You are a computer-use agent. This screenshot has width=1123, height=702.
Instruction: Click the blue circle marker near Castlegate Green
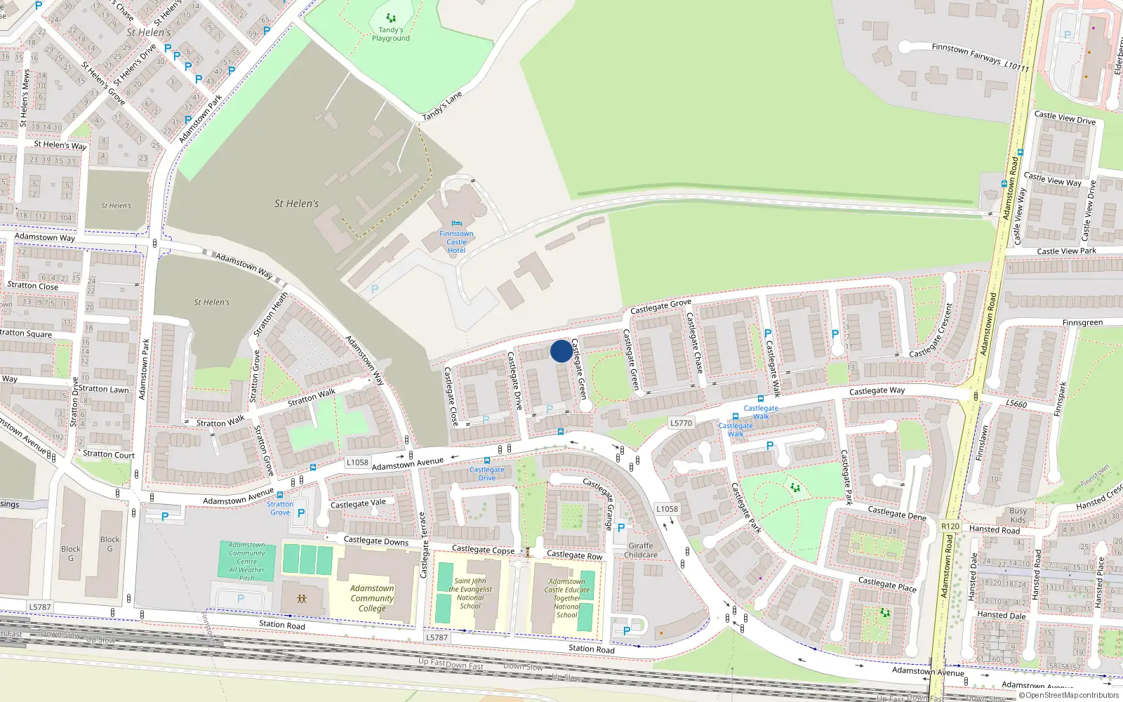(x=561, y=351)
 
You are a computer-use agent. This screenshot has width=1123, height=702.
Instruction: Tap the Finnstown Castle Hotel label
(x=456, y=242)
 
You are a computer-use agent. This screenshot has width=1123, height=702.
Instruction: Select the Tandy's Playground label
(x=391, y=34)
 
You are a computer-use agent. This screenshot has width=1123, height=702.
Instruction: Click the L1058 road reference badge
(x=357, y=462)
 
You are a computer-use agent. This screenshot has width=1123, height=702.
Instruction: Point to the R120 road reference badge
(x=950, y=526)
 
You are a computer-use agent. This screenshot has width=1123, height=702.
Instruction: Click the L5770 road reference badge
(x=681, y=423)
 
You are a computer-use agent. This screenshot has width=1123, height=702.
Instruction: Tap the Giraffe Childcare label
(x=641, y=550)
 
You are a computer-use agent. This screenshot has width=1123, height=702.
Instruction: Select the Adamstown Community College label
(x=372, y=598)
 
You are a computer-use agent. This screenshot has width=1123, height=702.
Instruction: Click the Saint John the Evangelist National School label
(x=470, y=593)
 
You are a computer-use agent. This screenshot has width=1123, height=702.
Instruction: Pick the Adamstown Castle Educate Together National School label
(x=567, y=598)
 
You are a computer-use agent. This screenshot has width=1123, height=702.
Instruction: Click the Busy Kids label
(x=1018, y=515)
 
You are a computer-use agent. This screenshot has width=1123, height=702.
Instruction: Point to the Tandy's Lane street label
(x=442, y=105)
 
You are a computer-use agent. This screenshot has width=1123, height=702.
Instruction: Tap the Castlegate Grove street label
(x=660, y=307)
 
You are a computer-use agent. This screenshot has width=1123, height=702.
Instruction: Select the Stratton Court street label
(x=109, y=454)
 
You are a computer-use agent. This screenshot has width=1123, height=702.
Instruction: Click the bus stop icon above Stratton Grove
(x=280, y=495)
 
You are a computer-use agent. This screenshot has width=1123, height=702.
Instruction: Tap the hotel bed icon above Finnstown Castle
(x=457, y=224)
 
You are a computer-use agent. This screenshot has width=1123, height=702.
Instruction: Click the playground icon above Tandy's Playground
(x=391, y=18)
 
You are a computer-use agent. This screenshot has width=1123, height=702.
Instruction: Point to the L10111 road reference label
(x=1016, y=67)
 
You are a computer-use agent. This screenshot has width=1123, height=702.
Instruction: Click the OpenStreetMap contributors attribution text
(x=1068, y=696)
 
